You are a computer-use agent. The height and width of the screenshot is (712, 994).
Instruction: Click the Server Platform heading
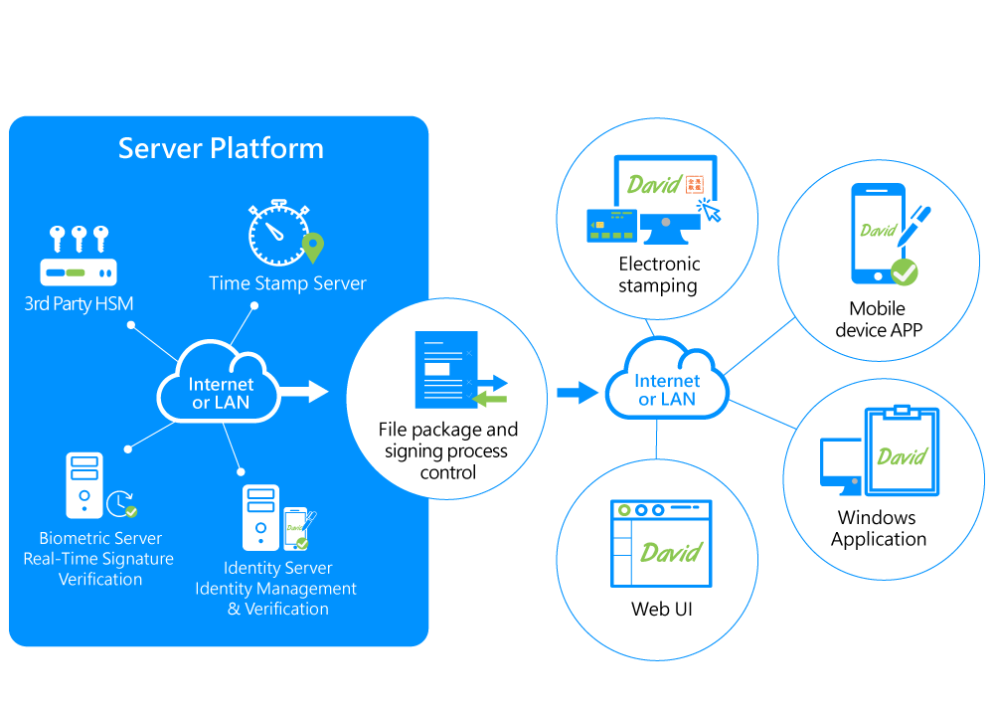tap(221, 149)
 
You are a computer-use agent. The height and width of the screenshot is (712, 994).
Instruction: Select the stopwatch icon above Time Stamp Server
tap(275, 233)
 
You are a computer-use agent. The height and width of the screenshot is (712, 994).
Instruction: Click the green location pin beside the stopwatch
tap(313, 247)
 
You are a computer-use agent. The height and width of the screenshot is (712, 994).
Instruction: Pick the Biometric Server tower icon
tap(84, 485)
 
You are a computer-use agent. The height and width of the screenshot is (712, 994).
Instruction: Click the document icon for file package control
tap(445, 370)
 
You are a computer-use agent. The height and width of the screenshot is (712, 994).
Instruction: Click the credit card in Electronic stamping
tap(609, 225)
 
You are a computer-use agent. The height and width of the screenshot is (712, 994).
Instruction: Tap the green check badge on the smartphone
tap(904, 270)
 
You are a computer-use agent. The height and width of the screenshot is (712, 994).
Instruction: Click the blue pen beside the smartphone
tap(913, 224)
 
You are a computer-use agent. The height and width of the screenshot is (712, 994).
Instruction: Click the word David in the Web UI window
tap(671, 553)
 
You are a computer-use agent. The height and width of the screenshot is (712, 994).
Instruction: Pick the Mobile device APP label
tap(879, 319)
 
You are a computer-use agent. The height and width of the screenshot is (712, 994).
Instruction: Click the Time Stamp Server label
tap(287, 283)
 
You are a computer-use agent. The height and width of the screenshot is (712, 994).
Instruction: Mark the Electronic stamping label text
tap(659, 274)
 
